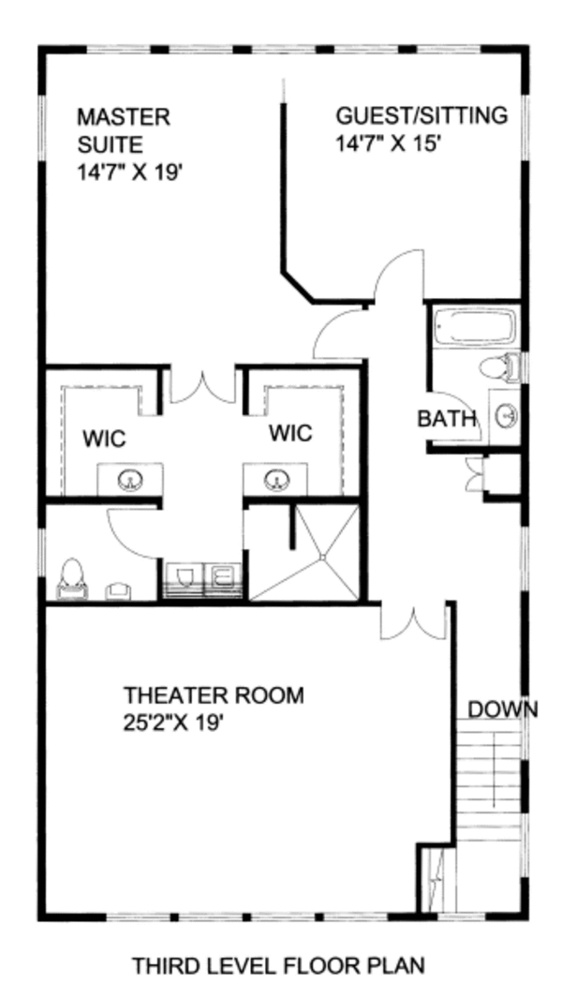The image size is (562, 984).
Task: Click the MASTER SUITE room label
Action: [x=124, y=131]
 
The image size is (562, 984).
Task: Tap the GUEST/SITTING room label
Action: [x=421, y=116]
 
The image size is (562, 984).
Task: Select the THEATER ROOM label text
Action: [x=214, y=695]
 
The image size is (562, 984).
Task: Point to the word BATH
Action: [x=447, y=419]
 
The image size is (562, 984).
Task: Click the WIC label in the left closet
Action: [x=104, y=439]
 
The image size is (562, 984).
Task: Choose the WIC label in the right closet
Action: [x=290, y=434]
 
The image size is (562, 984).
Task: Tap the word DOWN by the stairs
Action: [x=502, y=709]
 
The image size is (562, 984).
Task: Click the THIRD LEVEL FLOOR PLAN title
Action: [x=278, y=964]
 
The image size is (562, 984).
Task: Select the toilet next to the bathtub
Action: [x=498, y=367]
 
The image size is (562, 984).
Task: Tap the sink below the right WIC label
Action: [x=275, y=481]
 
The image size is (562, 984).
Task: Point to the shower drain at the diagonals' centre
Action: [x=323, y=558]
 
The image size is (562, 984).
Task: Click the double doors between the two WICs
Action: [x=201, y=385]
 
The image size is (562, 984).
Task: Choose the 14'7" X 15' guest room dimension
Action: [x=388, y=144]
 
